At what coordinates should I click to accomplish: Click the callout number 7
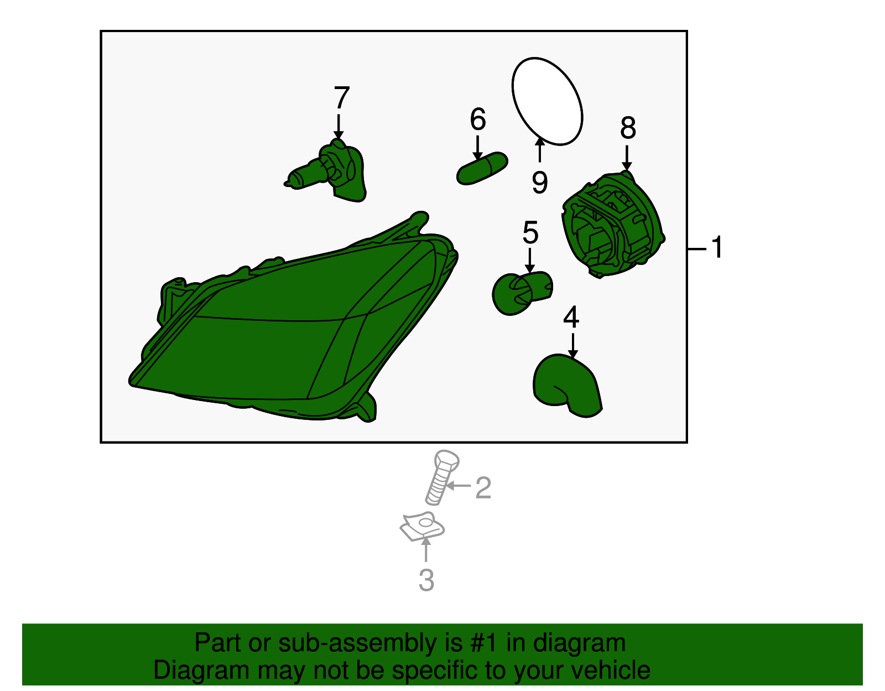(x=341, y=97)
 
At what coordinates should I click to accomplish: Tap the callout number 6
(x=478, y=119)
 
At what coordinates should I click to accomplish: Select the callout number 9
(x=540, y=182)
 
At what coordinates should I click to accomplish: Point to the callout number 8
(x=628, y=127)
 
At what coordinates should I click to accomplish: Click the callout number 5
(x=530, y=232)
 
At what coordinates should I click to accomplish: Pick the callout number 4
(x=571, y=317)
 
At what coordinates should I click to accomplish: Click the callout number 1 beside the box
(x=716, y=247)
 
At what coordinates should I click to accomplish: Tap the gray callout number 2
(x=483, y=488)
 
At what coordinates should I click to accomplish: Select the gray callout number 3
(x=426, y=580)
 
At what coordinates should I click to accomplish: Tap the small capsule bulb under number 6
(x=482, y=168)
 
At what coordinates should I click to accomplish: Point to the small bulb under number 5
(x=522, y=292)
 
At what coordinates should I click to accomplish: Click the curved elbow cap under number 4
(x=568, y=385)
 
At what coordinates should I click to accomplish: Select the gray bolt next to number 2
(x=441, y=477)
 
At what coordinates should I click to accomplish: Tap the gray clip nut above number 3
(x=421, y=527)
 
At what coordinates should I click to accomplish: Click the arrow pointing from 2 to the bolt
(x=458, y=485)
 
